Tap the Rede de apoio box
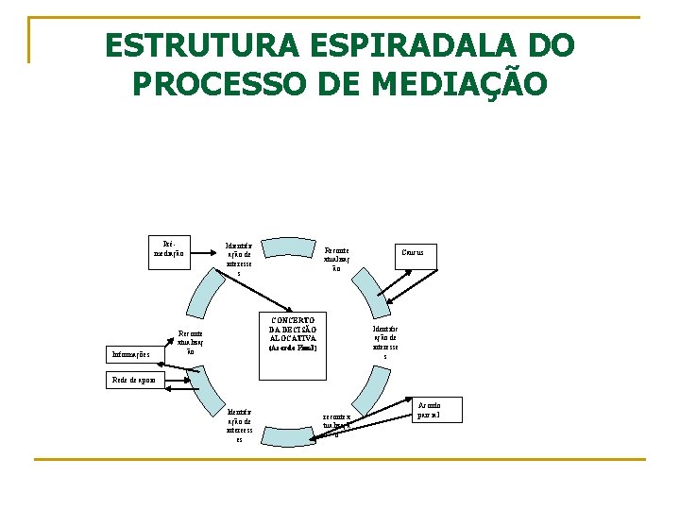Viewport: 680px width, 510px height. click(x=133, y=378)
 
